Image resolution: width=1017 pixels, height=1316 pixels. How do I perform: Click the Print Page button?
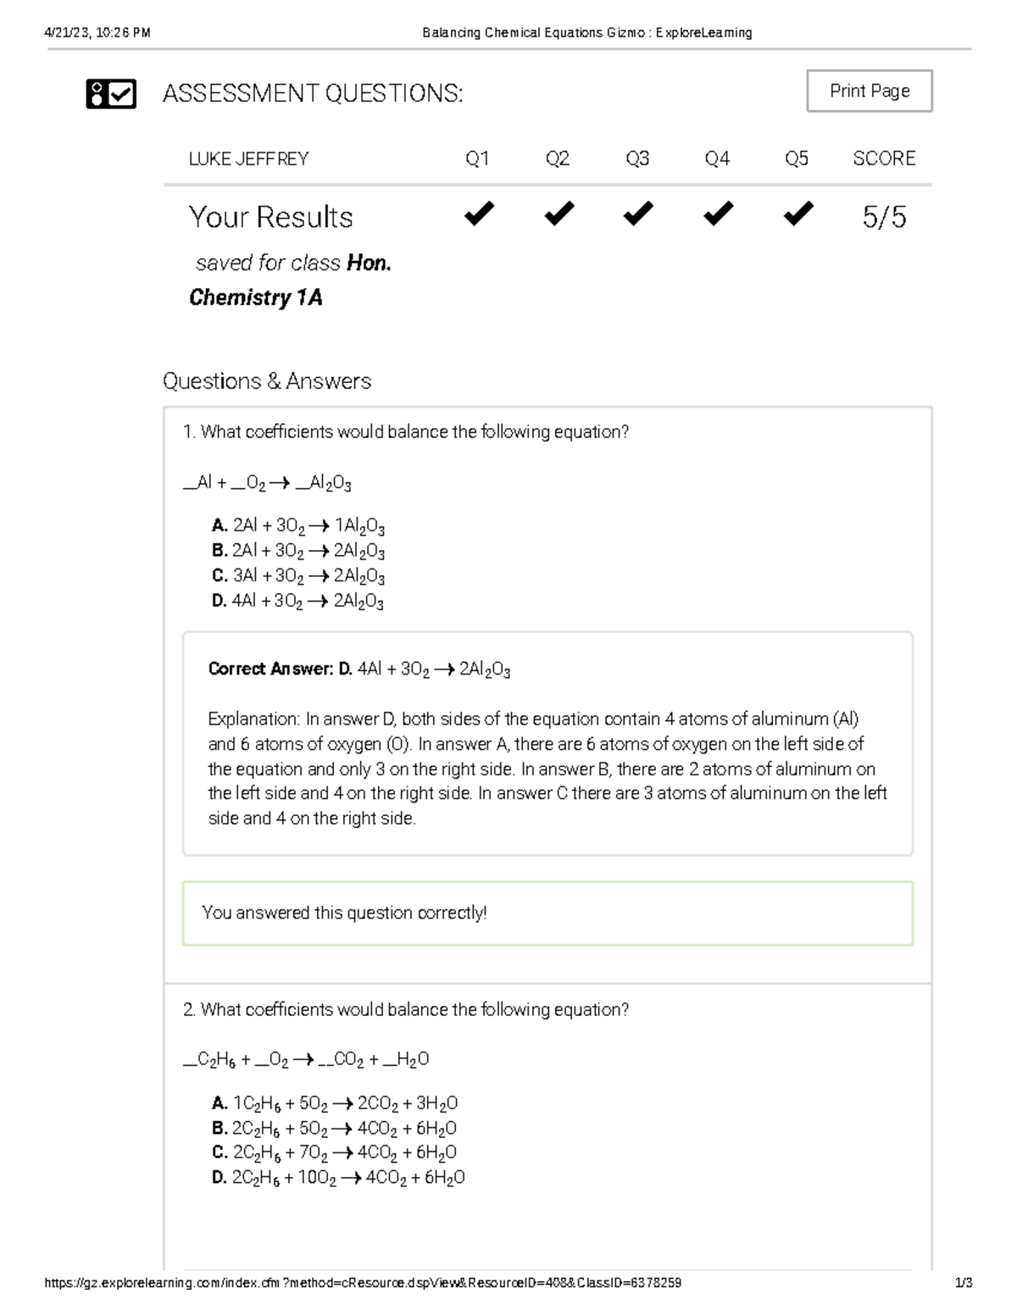869,92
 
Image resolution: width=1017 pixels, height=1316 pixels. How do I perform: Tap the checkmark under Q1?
478,214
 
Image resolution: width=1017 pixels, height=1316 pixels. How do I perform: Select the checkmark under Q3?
637,214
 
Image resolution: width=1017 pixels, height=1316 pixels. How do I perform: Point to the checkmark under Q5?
797,214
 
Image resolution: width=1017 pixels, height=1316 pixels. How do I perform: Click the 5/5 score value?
884,217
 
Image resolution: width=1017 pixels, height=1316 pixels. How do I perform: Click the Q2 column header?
557,158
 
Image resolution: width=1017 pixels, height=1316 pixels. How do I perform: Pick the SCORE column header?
884,158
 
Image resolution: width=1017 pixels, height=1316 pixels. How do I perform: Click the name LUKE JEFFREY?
248,158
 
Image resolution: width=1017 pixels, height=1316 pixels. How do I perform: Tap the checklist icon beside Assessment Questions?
111,93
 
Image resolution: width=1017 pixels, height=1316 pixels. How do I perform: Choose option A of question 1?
298,526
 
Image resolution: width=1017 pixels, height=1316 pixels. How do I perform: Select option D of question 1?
298,602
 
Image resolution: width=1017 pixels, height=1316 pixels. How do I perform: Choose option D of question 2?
338,1178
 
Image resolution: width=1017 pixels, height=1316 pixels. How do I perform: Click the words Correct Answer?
270,669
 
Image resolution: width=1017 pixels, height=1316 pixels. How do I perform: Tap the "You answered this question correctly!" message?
344,913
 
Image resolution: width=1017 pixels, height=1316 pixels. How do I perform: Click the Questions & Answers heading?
267,381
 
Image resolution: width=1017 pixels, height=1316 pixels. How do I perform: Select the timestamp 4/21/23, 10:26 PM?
97,33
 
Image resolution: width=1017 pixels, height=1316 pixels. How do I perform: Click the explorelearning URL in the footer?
363,1283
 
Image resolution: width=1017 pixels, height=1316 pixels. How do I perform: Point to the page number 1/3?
963,1283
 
